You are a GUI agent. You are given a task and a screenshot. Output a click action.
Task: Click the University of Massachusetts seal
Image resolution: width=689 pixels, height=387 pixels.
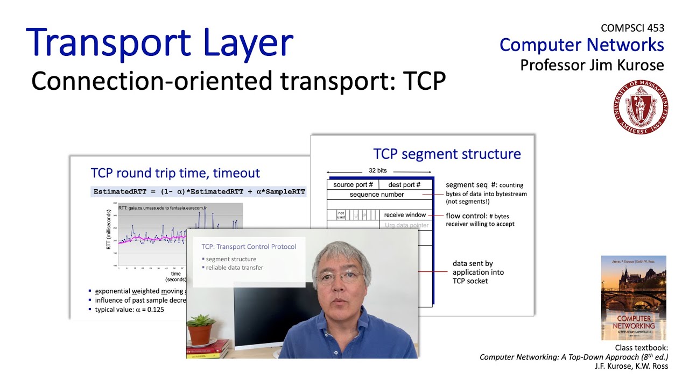click(x=641, y=106)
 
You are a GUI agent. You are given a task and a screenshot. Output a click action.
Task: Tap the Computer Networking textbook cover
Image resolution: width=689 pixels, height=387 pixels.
click(x=634, y=298)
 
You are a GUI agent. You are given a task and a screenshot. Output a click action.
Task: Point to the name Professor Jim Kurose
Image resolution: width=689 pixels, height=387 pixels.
click(x=592, y=65)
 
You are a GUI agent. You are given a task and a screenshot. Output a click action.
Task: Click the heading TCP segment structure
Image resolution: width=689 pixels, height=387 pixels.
click(x=447, y=154)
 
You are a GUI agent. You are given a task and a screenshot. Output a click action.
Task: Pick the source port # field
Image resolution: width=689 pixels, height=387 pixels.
click(x=353, y=184)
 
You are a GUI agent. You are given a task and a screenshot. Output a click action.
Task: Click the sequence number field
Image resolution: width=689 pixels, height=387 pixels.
click(x=377, y=195)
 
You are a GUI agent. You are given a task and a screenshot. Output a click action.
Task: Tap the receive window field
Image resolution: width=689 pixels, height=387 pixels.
click(x=405, y=215)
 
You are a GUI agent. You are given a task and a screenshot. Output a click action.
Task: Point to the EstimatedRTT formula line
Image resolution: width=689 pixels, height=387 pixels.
click(x=199, y=191)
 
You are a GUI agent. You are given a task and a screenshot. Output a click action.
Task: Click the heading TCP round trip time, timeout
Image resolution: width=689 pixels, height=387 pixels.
click(x=175, y=173)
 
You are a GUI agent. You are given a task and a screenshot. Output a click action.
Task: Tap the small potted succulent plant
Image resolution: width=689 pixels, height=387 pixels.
click(x=200, y=327)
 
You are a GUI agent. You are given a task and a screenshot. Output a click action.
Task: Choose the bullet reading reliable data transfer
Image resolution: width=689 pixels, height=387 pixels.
click(x=235, y=267)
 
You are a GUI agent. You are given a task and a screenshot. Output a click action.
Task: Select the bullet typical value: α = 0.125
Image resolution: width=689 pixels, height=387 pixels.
click(x=129, y=310)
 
